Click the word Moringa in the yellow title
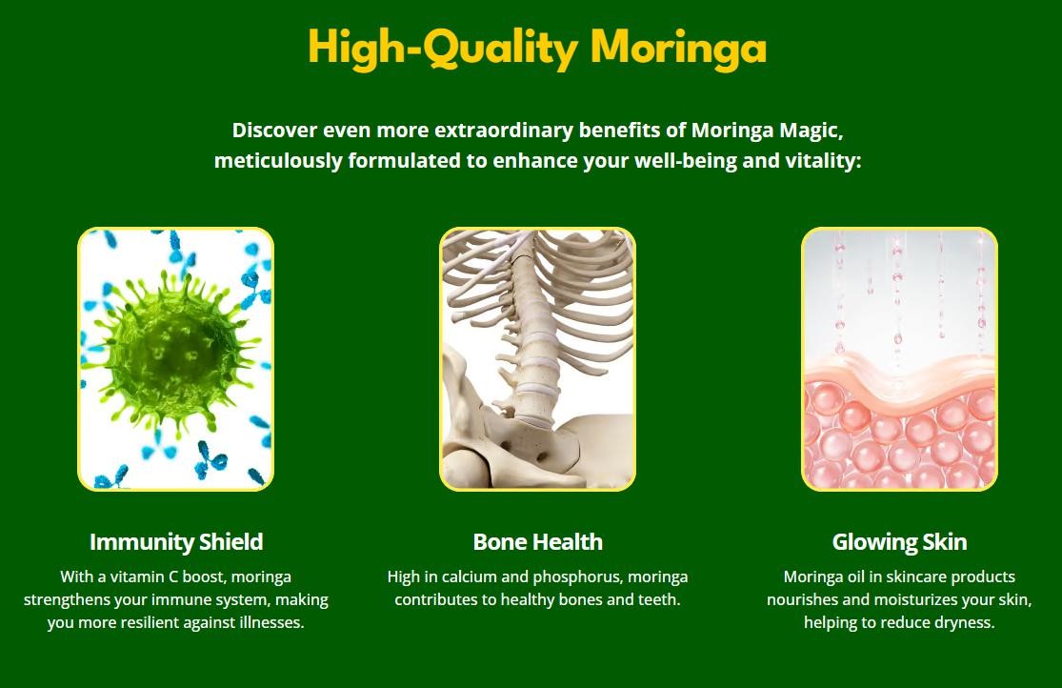678,49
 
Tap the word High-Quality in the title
442,48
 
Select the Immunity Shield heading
176,541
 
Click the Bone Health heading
538,541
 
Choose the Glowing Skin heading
899,541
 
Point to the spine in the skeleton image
531,339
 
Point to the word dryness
965,623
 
